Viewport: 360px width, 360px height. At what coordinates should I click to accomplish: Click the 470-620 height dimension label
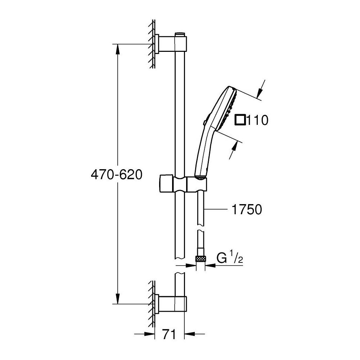pos(117,175)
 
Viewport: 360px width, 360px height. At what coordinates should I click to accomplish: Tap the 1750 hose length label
pos(247,210)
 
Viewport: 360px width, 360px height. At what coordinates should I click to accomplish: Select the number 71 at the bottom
pos(169,334)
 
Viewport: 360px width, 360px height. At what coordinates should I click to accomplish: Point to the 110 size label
pos(257,120)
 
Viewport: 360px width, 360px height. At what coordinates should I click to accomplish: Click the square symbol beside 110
pos(240,120)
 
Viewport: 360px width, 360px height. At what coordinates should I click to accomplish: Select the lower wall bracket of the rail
pos(171,304)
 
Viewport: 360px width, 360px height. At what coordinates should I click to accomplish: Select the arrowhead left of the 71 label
pos(149,334)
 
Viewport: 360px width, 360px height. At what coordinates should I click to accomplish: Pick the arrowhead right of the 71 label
pos(190,334)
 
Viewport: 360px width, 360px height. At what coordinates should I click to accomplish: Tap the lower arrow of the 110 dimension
pos(233,150)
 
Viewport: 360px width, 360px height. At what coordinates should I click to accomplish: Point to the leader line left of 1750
pos(216,209)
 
